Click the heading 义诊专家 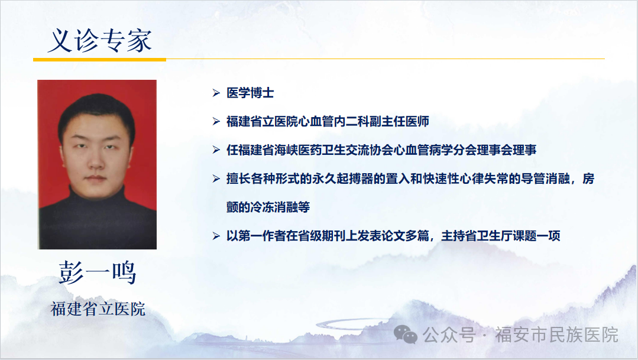(x=100, y=40)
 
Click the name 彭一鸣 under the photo (x=97, y=273)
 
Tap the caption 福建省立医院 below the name (x=98, y=309)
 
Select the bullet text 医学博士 (x=250, y=93)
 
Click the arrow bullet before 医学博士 (x=216, y=93)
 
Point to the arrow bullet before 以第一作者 (x=216, y=236)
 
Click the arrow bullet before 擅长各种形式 (x=216, y=179)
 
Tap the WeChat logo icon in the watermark (x=405, y=335)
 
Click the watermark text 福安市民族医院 (x=556, y=335)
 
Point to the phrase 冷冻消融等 (x=280, y=207)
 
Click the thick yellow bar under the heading (x=100, y=60)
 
